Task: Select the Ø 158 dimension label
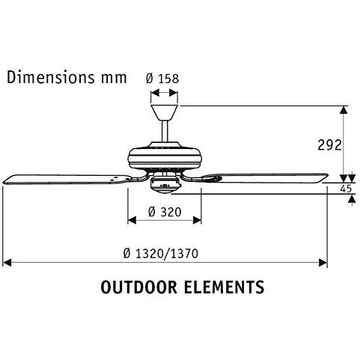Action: tap(164, 77)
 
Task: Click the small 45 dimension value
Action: tap(346, 189)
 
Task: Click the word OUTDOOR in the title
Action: tap(138, 287)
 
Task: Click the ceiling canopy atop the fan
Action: tap(165, 112)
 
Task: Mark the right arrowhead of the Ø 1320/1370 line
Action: tap(323, 263)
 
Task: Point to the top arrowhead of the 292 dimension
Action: tap(344, 110)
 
